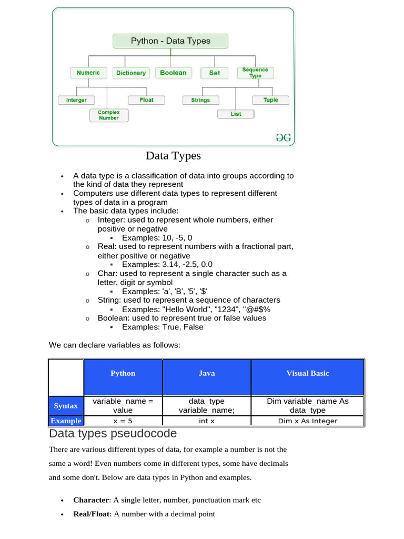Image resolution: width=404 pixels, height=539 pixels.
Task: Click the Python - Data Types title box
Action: pyautogui.click(x=170, y=41)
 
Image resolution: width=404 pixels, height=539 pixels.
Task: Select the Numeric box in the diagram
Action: pyautogui.click(x=88, y=73)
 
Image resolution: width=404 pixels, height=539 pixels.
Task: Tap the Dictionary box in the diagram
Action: pyautogui.click(x=131, y=73)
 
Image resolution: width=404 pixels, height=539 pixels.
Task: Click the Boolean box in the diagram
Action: pyautogui.click(x=173, y=73)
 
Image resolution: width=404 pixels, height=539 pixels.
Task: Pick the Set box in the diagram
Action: pyautogui.click(x=215, y=73)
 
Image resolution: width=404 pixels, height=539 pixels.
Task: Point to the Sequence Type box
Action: pyautogui.click(x=255, y=72)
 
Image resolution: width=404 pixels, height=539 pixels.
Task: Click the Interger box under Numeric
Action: pyautogui.click(x=76, y=100)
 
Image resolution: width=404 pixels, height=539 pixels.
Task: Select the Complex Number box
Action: pyautogui.click(x=109, y=115)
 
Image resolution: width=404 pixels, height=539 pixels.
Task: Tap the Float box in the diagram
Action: pyautogui.click(x=147, y=99)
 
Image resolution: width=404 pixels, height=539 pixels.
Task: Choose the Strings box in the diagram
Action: pyautogui.click(x=200, y=100)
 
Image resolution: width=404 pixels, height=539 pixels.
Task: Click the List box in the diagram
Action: pyautogui.click(x=236, y=114)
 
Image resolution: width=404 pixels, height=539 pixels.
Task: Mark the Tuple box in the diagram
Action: pyautogui.click(x=271, y=100)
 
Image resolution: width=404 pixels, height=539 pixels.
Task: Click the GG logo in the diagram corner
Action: pyautogui.click(x=284, y=137)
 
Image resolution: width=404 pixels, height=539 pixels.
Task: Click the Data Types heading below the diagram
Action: pyautogui.click(x=173, y=156)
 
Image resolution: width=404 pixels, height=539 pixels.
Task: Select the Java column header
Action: pyautogui.click(x=207, y=373)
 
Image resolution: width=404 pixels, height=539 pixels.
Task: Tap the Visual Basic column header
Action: pyautogui.click(x=308, y=373)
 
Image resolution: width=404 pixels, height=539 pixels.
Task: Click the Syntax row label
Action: pyautogui.click(x=66, y=406)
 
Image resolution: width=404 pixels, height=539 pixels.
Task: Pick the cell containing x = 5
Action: pyautogui.click(x=123, y=421)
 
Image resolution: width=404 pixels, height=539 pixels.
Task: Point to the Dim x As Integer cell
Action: pyautogui.click(x=308, y=421)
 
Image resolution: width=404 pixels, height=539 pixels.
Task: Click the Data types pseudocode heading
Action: pyautogui.click(x=113, y=434)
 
